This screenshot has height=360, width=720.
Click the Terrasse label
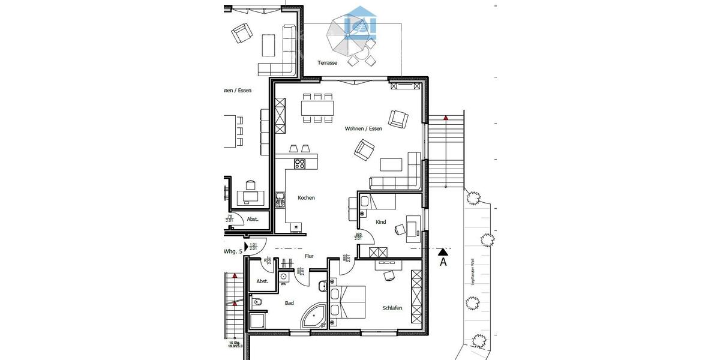(x=327, y=62)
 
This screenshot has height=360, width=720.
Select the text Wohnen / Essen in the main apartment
(x=363, y=128)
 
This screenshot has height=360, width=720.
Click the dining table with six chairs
(x=317, y=108)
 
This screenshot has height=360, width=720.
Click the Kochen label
(x=306, y=197)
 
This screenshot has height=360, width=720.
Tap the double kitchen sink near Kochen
(x=280, y=200)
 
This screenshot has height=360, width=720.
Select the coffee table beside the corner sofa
(x=391, y=164)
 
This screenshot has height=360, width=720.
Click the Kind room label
(x=380, y=222)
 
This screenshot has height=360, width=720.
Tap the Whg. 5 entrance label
(x=233, y=251)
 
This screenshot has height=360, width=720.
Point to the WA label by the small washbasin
(x=283, y=284)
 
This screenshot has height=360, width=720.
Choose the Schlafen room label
(x=392, y=308)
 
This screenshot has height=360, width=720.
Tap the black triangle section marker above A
(x=443, y=251)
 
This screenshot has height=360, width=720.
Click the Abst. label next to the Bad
(x=262, y=281)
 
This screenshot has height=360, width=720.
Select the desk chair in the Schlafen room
(x=388, y=275)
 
